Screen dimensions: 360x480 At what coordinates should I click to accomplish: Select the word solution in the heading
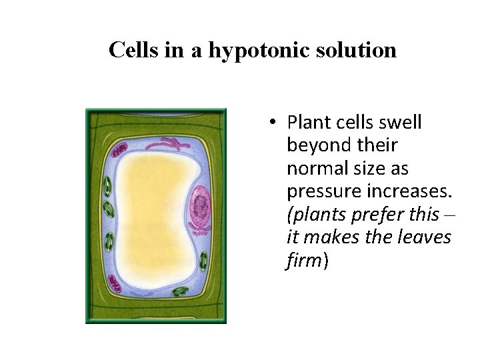tap(355, 50)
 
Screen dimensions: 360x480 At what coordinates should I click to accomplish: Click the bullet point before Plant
tap(274, 123)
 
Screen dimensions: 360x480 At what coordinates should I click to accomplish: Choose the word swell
tap(400, 123)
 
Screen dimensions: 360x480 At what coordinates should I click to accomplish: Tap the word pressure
tap(322, 191)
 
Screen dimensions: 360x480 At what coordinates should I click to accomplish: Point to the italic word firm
tap(304, 260)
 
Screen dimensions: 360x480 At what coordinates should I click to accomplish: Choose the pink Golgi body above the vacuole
tap(167, 143)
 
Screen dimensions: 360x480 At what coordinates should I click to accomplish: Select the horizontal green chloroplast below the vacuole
tap(179, 291)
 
